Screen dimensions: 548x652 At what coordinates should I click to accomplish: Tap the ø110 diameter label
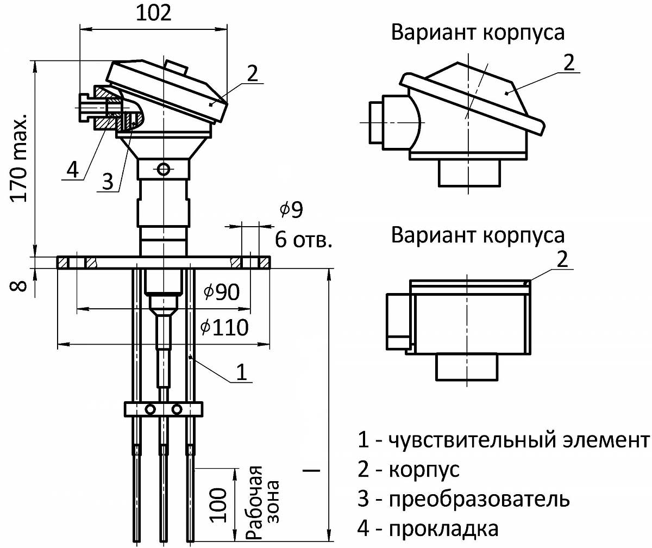[x=224, y=327]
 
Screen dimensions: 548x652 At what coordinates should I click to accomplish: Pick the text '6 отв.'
[x=303, y=239]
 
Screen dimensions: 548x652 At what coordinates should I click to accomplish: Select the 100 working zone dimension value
[x=218, y=505]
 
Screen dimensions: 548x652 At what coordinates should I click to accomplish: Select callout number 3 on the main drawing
[x=109, y=182]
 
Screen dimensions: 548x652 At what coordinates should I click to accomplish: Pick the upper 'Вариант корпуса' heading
[x=478, y=33]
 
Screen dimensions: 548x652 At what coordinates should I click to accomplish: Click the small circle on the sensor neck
[x=162, y=169]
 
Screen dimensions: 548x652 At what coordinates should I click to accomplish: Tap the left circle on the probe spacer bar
[x=151, y=409]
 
